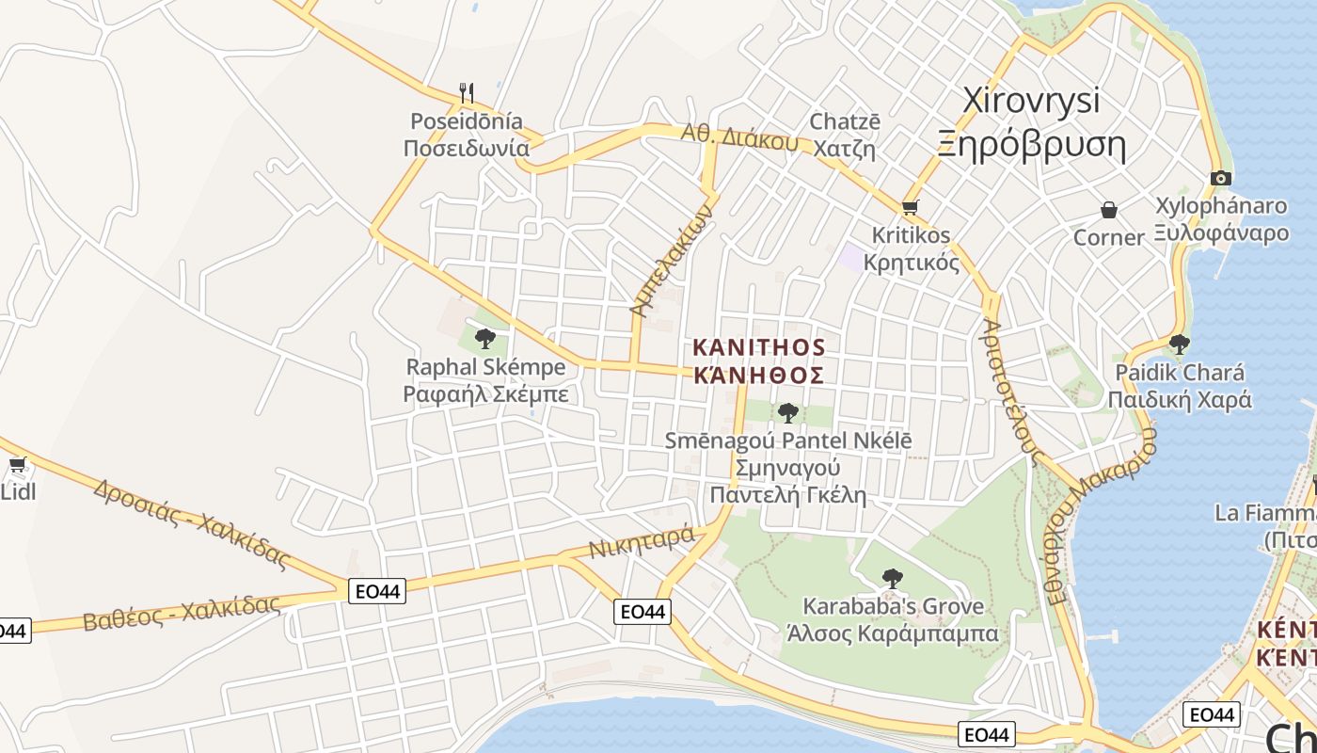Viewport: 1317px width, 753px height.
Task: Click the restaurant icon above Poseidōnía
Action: [466, 92]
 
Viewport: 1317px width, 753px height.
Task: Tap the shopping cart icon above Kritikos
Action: [910, 207]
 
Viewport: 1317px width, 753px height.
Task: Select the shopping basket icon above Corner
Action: [1109, 209]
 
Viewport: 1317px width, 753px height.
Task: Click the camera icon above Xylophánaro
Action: [1220, 178]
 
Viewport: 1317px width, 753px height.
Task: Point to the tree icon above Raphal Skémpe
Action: [485, 338]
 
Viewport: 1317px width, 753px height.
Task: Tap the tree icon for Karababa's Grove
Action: [892, 578]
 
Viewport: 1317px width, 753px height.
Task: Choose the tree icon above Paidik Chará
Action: [1179, 344]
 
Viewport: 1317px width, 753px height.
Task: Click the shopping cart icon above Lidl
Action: [17, 464]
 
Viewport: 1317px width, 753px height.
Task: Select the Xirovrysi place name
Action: [1031, 101]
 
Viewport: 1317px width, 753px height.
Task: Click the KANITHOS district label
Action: [758, 347]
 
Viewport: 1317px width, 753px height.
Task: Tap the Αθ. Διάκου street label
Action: [739, 138]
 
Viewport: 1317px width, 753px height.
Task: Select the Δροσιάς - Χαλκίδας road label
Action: [191, 522]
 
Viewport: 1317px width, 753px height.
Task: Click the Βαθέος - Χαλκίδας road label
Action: [182, 612]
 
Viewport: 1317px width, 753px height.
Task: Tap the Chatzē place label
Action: [845, 122]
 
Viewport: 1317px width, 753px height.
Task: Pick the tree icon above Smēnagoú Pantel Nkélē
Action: [788, 412]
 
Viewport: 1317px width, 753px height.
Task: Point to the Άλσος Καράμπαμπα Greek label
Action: [892, 633]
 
